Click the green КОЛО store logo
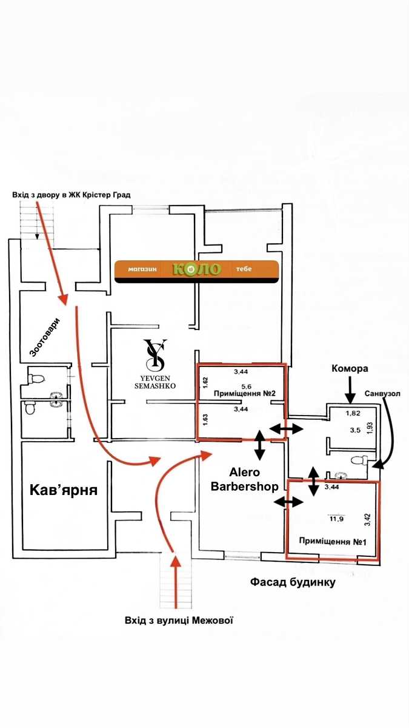(197, 269)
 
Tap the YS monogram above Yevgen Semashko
(156, 355)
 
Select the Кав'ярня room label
(64, 490)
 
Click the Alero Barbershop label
(245, 479)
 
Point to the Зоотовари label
(45, 337)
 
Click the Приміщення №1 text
(333, 542)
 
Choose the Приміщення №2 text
(245, 394)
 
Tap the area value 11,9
(337, 519)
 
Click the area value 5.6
(247, 386)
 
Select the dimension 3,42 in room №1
(368, 520)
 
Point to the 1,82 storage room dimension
(353, 413)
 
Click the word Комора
(350, 369)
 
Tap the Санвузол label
(382, 394)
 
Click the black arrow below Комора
(350, 389)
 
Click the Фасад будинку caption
(293, 582)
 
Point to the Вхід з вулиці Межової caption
(179, 621)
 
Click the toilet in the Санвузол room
(360, 460)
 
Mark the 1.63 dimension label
(205, 420)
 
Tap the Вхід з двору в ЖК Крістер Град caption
(71, 195)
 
